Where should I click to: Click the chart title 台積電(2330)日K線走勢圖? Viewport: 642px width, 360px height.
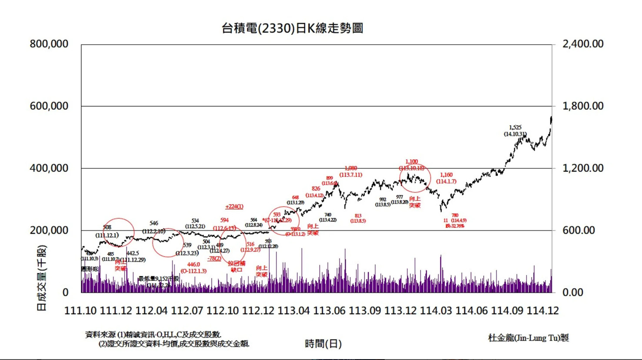pyautogui.click(x=292, y=29)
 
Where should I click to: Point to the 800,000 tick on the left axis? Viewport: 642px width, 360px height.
pyautogui.click(x=49, y=44)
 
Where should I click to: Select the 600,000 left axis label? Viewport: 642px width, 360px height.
pyautogui.click(x=49, y=106)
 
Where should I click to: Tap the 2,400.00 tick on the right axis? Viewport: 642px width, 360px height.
pyautogui.click(x=582, y=44)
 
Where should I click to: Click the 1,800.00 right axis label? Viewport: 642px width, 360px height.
pyautogui.click(x=582, y=106)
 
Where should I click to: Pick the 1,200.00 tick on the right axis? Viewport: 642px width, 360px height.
pyautogui.click(x=582, y=168)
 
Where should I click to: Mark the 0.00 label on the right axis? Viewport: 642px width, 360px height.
pyautogui.click(x=573, y=292)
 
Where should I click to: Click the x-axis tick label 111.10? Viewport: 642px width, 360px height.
pyautogui.click(x=80, y=311)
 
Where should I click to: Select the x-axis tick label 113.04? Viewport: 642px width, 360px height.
pyautogui.click(x=293, y=311)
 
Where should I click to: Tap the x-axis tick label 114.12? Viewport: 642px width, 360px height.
pyautogui.click(x=542, y=311)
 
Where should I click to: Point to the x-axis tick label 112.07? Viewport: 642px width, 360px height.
pyautogui.click(x=187, y=311)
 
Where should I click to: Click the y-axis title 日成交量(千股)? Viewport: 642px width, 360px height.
pyautogui.click(x=42, y=278)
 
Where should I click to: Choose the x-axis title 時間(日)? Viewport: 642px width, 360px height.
pyautogui.click(x=323, y=344)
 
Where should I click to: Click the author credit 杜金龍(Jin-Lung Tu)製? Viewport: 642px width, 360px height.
pyautogui.click(x=528, y=338)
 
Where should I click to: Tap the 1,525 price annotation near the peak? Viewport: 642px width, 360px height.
pyautogui.click(x=515, y=128)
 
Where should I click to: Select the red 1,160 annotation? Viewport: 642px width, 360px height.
pyautogui.click(x=446, y=175)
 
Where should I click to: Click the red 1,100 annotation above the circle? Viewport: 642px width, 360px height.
pyautogui.click(x=411, y=162)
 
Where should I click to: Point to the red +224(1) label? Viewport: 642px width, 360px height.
pyautogui.click(x=234, y=207)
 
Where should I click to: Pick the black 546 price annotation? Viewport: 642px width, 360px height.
pyautogui.click(x=153, y=223)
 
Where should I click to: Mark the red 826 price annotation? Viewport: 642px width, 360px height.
pyautogui.click(x=316, y=189)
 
